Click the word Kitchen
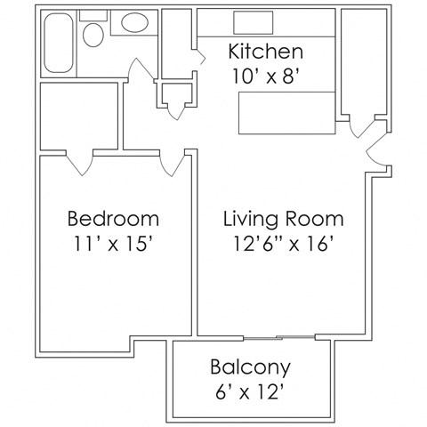pyautogui.click(x=266, y=51)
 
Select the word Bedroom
pyautogui.click(x=113, y=218)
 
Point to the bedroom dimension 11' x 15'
pyautogui.click(x=113, y=243)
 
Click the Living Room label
pyautogui.click(x=283, y=218)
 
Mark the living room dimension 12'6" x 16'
pyautogui.click(x=283, y=243)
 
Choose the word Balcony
pyautogui.click(x=250, y=367)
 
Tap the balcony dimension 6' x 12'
pyautogui.click(x=250, y=391)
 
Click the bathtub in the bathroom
pyautogui.click(x=60, y=43)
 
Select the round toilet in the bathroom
pyautogui.click(x=93, y=36)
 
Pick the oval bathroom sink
pyautogui.click(x=135, y=23)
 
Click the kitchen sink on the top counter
pyautogui.click(x=246, y=22)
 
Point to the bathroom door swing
pyautogui.click(x=141, y=69)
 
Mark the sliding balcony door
pyautogui.click(x=278, y=337)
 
